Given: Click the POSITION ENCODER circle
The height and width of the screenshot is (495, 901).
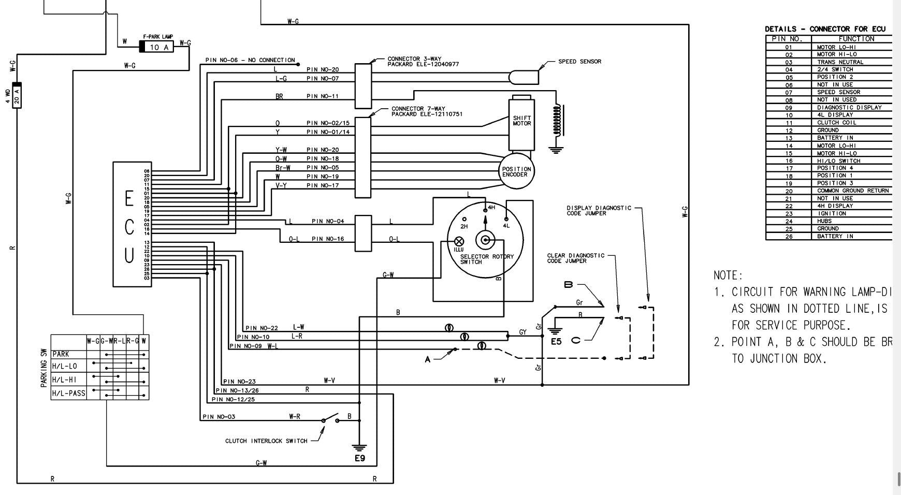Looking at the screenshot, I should click(x=516, y=171).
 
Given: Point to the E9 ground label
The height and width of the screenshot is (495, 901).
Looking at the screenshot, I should click(x=360, y=458).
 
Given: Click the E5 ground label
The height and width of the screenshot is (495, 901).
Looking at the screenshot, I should click(x=556, y=341).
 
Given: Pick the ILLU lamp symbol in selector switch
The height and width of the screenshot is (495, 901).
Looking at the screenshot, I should click(x=459, y=241).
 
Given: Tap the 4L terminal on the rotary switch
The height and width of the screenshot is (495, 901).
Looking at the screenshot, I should click(x=506, y=220).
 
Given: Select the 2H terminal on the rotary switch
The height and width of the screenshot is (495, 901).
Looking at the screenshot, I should click(x=464, y=220).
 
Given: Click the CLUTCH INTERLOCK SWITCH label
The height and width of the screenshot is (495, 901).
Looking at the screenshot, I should click(x=266, y=441).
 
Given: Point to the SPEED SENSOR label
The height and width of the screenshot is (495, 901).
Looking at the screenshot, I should click(x=579, y=62).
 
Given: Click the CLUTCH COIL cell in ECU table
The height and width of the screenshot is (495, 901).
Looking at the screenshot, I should click(x=837, y=123).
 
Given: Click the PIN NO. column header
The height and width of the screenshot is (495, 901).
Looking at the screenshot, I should click(x=787, y=39).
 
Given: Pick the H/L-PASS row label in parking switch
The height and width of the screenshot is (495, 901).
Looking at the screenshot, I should click(x=69, y=393).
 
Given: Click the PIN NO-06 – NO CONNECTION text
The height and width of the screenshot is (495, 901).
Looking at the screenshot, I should click(x=250, y=60).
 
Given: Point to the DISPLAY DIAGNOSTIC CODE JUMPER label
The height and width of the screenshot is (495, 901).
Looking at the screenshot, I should click(x=599, y=211).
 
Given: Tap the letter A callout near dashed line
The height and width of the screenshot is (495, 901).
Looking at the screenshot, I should click(x=428, y=359).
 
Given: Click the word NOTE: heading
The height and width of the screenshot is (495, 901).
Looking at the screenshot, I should click(x=728, y=275).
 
